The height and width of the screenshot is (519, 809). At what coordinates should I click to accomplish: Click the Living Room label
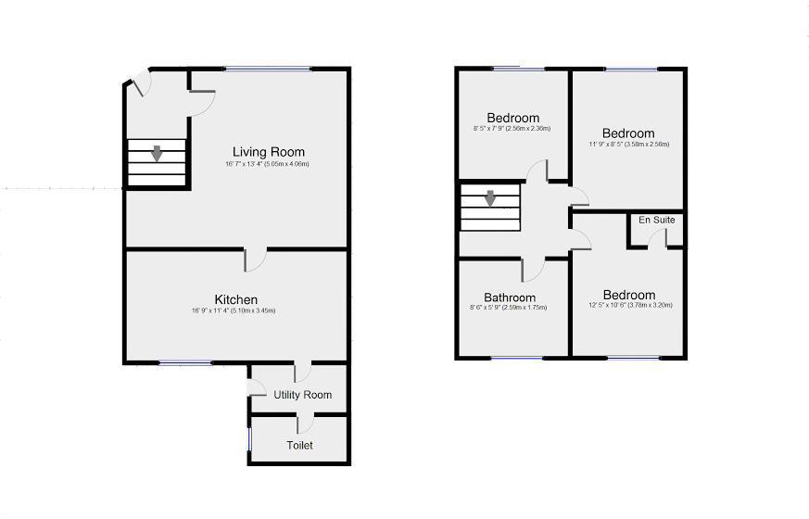268,152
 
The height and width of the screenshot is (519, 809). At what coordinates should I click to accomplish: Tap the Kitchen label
236,299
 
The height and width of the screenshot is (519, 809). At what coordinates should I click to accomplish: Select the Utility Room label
302,395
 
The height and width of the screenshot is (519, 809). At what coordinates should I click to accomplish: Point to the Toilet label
299,445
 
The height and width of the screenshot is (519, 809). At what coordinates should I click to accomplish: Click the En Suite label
656,221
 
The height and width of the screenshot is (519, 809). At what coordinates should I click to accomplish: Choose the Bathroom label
509,297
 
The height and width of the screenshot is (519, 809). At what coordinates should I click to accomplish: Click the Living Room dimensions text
267,164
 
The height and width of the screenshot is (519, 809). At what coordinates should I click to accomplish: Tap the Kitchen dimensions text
236,310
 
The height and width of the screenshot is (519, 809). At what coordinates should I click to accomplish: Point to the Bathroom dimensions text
509,308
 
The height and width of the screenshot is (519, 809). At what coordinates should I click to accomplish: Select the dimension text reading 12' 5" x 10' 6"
628,305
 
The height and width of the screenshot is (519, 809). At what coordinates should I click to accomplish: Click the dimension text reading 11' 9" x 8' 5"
628,145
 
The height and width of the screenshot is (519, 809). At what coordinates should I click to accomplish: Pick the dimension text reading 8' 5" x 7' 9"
512,129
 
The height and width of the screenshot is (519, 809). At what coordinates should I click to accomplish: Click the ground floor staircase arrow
158,154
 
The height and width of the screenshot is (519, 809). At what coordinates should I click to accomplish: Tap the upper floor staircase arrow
489,198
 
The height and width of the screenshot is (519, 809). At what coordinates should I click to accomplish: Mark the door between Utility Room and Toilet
303,424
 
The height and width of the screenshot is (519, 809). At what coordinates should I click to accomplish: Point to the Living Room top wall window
268,69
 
